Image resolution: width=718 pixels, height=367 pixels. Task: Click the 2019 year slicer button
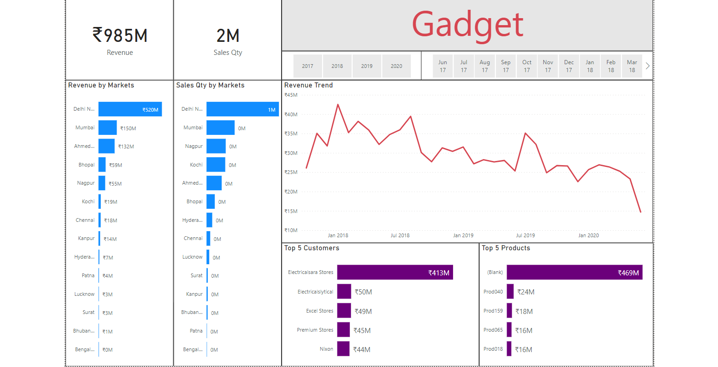(367, 66)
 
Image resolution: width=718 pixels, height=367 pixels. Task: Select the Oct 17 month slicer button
(527, 66)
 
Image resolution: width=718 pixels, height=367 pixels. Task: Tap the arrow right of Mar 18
(647, 66)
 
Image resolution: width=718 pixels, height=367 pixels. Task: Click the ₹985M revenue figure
(120, 35)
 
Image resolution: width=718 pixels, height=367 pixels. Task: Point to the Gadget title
(468, 25)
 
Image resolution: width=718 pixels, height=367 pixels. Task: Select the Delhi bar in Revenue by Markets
(130, 109)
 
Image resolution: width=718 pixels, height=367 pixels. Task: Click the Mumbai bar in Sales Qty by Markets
(220, 127)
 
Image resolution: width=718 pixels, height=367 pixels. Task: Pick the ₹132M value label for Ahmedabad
(126, 147)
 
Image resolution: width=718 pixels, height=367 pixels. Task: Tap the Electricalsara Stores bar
(395, 273)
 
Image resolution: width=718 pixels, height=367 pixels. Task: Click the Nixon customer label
(326, 349)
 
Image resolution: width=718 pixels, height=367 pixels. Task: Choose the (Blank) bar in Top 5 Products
(574, 273)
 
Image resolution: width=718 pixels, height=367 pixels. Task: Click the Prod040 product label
(493, 292)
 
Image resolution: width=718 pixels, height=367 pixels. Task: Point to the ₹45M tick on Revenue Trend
(291, 95)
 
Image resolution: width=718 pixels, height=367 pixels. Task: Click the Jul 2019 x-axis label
(525, 235)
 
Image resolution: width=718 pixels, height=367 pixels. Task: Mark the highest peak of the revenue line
(338, 104)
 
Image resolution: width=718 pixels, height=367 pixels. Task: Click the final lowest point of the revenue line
(640, 212)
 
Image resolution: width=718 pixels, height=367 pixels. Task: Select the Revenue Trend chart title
(309, 85)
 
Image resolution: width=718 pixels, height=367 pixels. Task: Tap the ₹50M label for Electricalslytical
(363, 292)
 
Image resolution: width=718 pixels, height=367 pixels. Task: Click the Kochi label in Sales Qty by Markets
(196, 165)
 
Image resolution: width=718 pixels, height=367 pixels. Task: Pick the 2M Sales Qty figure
(228, 36)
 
